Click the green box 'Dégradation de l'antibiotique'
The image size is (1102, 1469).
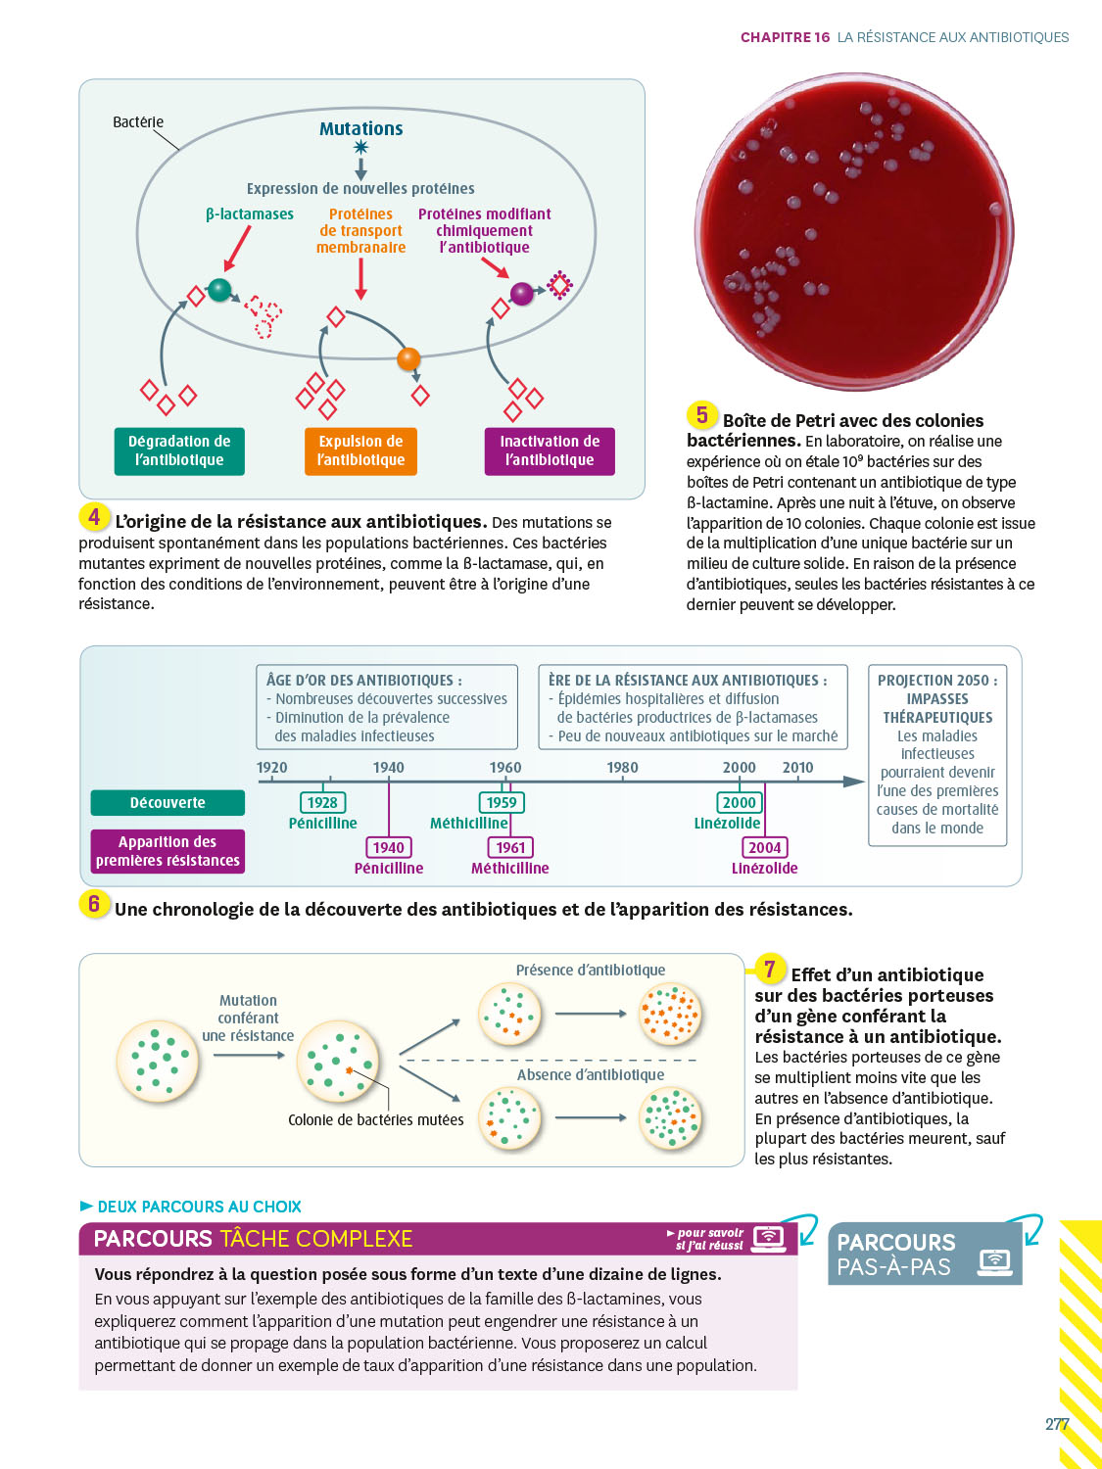tap(179, 451)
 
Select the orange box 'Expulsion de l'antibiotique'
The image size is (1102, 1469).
tap(360, 451)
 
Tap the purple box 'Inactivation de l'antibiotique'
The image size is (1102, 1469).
tap(550, 451)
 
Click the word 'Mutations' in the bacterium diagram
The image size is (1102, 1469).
tap(360, 128)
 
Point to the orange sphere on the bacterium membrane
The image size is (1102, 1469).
tap(408, 358)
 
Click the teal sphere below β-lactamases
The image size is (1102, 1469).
tap(220, 290)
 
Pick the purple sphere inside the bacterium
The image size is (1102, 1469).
tap(522, 293)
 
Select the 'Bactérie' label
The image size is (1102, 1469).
tap(138, 122)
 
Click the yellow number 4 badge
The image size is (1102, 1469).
tap(94, 517)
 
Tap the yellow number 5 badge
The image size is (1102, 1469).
tap(701, 415)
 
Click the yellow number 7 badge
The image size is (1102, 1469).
tap(770, 970)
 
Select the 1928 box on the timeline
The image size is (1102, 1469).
tap(322, 803)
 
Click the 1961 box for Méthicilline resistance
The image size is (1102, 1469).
tap(510, 847)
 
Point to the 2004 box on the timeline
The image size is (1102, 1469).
tap(764, 847)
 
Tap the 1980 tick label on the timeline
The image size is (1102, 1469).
tap(622, 768)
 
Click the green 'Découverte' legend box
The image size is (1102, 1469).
tap(168, 803)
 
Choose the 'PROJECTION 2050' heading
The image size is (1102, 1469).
tap(937, 680)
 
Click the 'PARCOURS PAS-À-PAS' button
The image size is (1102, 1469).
tap(924, 1255)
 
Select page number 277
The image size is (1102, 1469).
tap(1056, 1424)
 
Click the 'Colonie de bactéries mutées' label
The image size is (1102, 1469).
tap(376, 1119)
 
